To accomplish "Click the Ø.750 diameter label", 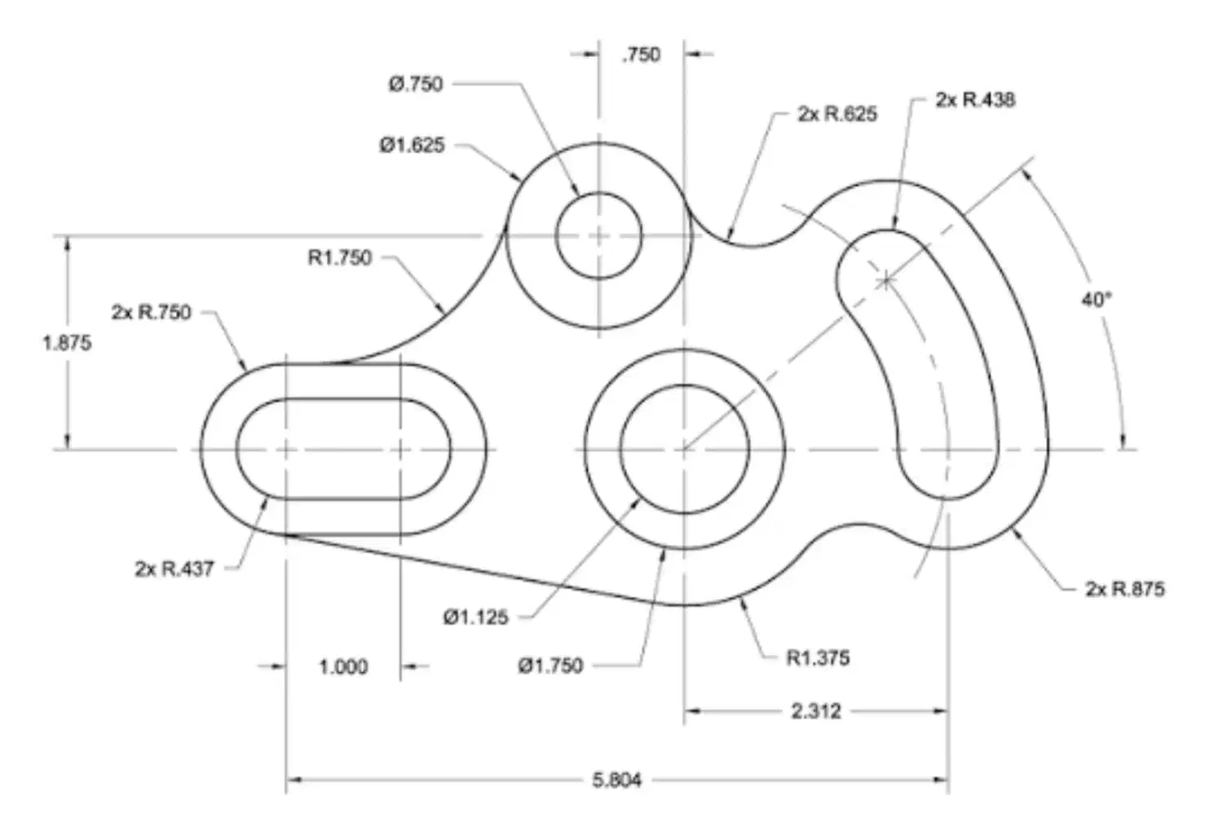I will pyautogui.click(x=416, y=84).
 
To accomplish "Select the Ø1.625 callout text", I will pyautogui.click(x=412, y=145).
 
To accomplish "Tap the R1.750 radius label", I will pyautogui.click(x=339, y=257).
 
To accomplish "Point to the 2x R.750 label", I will pyautogui.click(x=152, y=312).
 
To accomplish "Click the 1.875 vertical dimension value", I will pyautogui.click(x=67, y=343).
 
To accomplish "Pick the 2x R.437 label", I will pyautogui.click(x=174, y=569).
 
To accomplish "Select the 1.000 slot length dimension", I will pyautogui.click(x=343, y=667).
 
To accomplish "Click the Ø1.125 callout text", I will pyautogui.click(x=475, y=618).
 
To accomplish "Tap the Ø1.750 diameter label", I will pyautogui.click(x=550, y=666).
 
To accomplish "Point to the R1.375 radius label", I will pyautogui.click(x=818, y=657).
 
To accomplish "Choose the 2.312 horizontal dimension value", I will pyautogui.click(x=815, y=711).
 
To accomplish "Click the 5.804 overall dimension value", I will pyautogui.click(x=617, y=780).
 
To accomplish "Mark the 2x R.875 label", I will pyautogui.click(x=1125, y=588).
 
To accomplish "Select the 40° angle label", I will pyautogui.click(x=1097, y=300).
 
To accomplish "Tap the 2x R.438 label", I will pyautogui.click(x=975, y=100).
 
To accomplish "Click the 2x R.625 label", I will pyautogui.click(x=837, y=114).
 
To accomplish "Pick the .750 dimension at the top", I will pyautogui.click(x=641, y=55).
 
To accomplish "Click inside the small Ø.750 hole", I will pyautogui.click(x=599, y=236).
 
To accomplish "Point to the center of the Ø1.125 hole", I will pyautogui.click(x=684, y=449).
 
